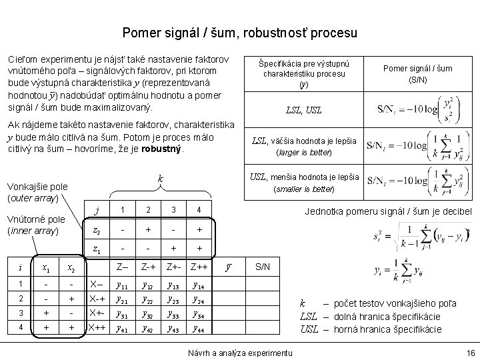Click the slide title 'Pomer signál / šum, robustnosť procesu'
point(240,32)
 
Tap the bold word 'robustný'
point(161,149)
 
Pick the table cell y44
point(199,329)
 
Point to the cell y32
point(148,315)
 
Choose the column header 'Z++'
point(199,267)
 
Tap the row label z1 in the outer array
point(97,250)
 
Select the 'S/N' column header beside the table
point(263,267)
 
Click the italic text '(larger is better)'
point(303,153)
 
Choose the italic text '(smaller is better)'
point(303,189)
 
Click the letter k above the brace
point(160,180)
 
